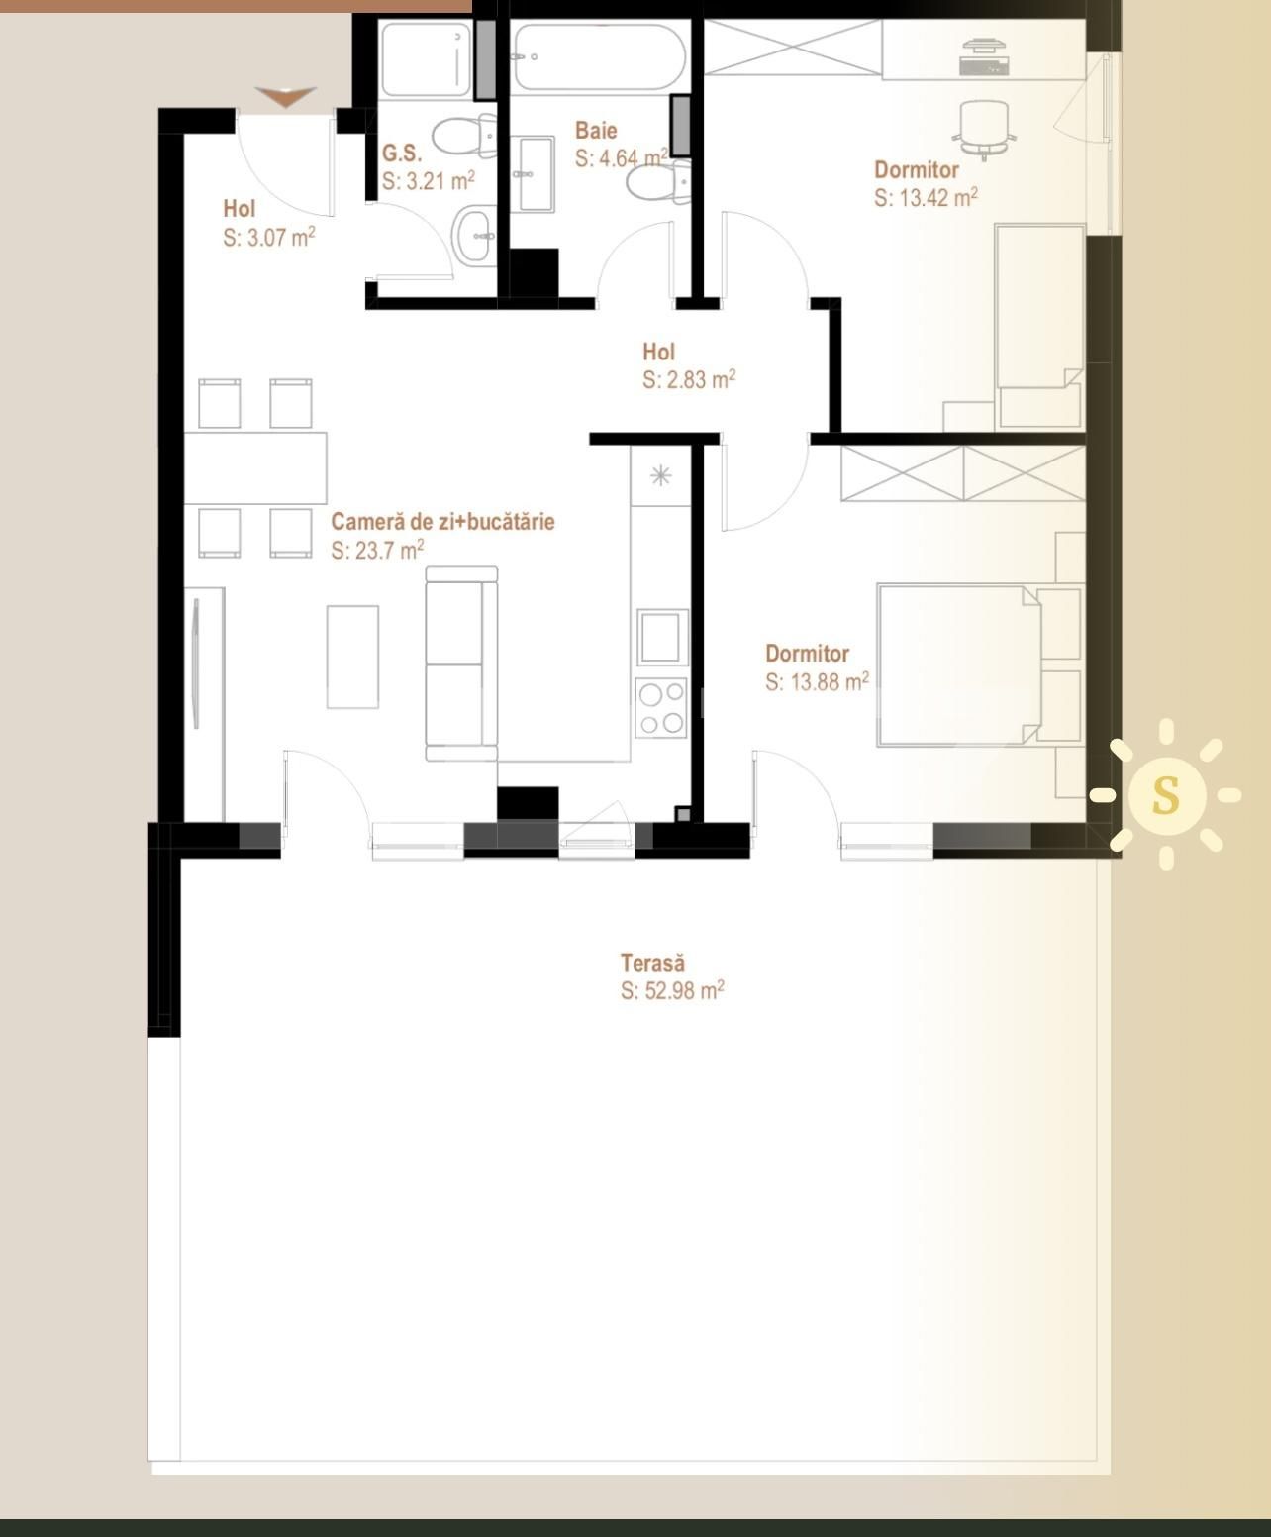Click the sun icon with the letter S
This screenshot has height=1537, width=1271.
[1166, 795]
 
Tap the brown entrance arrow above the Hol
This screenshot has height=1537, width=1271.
[286, 96]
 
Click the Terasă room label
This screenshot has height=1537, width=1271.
[652, 963]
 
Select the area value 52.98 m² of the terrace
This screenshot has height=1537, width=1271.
[672, 990]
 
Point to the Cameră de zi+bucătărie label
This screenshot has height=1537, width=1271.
[442, 522]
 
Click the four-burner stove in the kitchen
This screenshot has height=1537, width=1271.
[661, 709]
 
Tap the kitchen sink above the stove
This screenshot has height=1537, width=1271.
[662, 637]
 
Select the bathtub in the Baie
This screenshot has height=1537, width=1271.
[599, 56]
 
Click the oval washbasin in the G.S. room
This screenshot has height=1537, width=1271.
[475, 237]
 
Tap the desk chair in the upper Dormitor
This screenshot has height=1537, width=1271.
[984, 128]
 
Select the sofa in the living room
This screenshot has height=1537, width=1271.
[461, 664]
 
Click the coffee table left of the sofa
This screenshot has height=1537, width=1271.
[352, 657]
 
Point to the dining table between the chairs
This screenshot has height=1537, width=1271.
[255, 467]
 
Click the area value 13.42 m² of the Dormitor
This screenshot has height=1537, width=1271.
[926, 198]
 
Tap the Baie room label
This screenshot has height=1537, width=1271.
[596, 131]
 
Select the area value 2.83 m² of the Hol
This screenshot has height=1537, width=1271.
[688, 380]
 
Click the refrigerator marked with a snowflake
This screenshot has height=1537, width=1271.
[660, 476]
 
